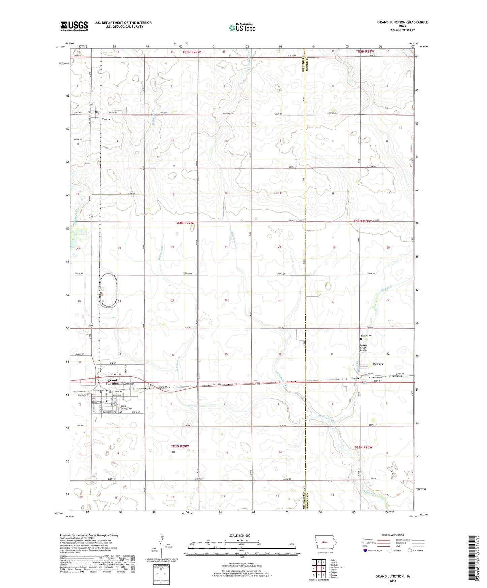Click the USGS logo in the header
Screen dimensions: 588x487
point(74,26)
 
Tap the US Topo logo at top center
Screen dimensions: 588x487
point(242,28)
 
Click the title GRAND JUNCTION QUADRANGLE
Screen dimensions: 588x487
point(402,22)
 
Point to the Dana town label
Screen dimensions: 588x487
point(106,119)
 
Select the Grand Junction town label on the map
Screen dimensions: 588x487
point(112,382)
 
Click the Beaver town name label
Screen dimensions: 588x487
point(378,364)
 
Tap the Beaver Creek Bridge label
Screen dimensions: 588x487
point(363,348)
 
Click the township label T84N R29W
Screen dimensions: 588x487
point(184,223)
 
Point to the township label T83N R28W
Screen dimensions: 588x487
point(363,447)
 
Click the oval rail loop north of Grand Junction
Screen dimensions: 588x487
point(108,291)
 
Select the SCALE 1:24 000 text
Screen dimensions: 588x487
point(240,536)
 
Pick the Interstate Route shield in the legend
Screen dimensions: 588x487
point(365,550)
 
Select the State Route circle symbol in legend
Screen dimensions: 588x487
point(410,550)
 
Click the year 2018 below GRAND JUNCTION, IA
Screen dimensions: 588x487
point(393,581)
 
